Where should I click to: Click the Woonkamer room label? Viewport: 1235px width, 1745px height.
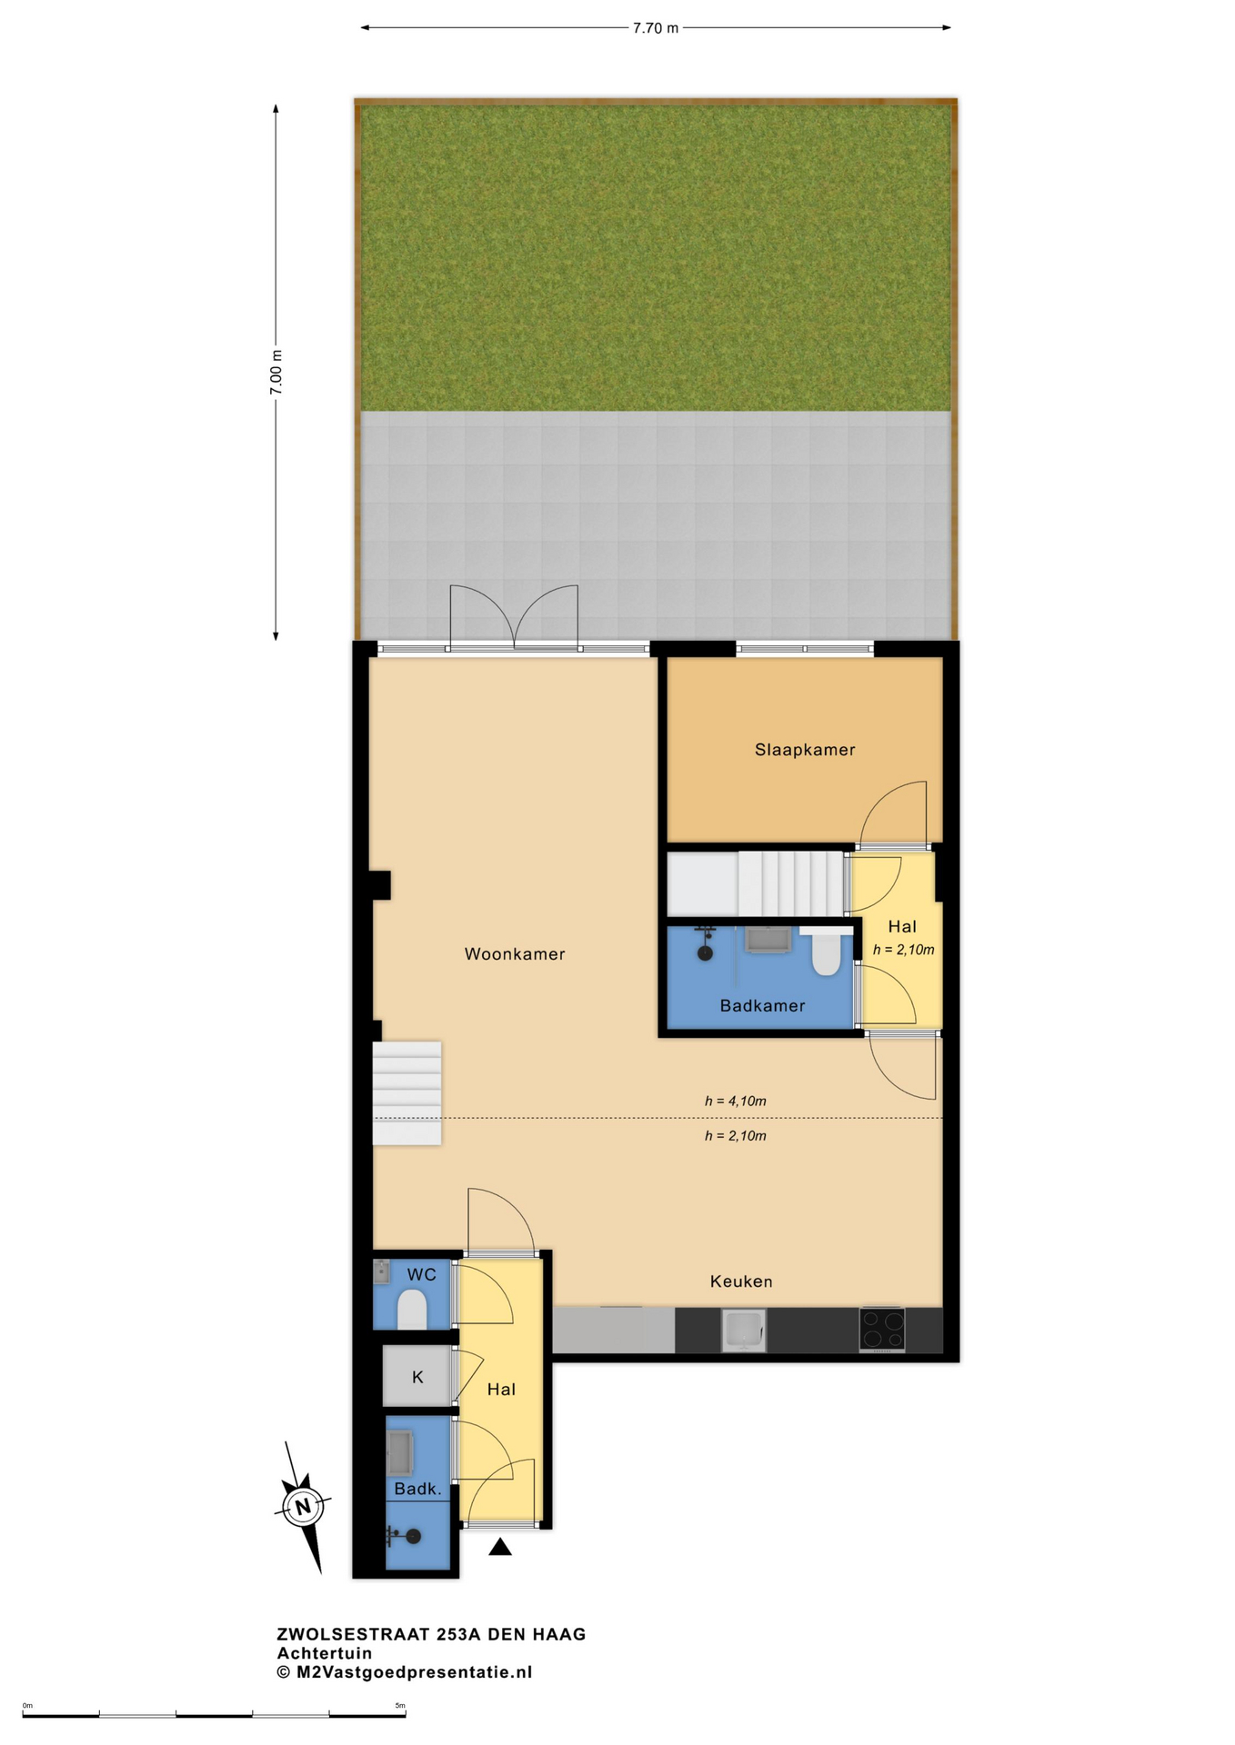pos(515,953)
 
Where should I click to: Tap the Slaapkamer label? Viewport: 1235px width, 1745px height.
pos(805,750)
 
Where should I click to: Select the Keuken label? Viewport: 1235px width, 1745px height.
pos(741,1281)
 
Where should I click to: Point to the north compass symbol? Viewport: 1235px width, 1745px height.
pos(303,1506)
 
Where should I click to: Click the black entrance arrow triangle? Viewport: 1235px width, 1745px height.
pos(499,1547)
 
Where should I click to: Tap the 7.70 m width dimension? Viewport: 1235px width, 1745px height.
pos(656,28)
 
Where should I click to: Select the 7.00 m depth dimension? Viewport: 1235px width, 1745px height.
pos(276,373)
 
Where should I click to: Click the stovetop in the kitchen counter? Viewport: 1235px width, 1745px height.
pos(881,1329)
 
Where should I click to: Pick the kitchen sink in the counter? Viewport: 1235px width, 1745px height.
pos(744,1330)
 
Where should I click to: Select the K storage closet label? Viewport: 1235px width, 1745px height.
pos(417,1377)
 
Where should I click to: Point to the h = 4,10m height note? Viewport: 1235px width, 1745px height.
pos(735,1101)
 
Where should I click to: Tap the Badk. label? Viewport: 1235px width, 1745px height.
pos(417,1489)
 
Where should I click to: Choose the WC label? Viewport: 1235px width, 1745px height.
pos(422,1274)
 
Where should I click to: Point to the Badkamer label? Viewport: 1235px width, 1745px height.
pos(762,1005)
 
